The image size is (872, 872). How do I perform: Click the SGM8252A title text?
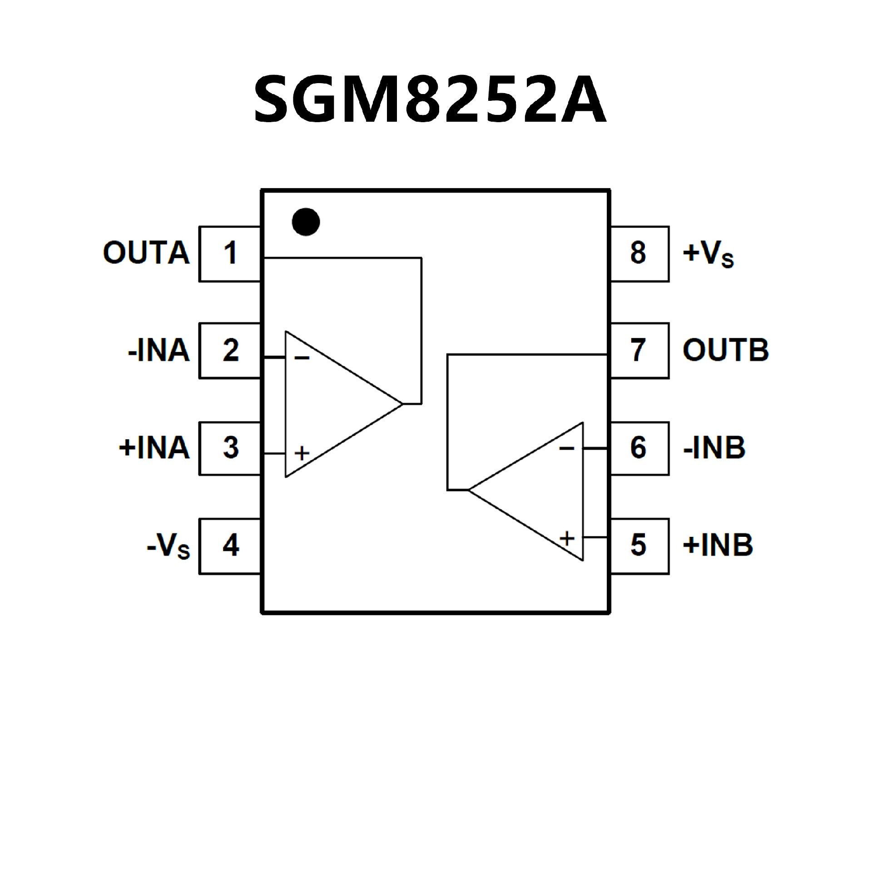pyautogui.click(x=430, y=100)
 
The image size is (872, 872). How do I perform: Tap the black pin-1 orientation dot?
pyautogui.click(x=306, y=222)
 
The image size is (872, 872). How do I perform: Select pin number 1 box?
pyautogui.click(x=230, y=253)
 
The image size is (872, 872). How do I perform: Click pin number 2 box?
pyautogui.click(x=230, y=351)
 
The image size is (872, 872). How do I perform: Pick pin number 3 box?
pyautogui.click(x=230, y=448)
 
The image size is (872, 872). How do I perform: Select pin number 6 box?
pyautogui.click(x=639, y=448)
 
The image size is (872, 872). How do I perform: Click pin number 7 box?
pyautogui.click(x=639, y=351)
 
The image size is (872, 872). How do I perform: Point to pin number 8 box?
pyautogui.click(x=639, y=253)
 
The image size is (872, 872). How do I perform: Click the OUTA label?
pyautogui.click(x=146, y=253)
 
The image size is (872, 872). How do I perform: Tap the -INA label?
pyautogui.click(x=159, y=351)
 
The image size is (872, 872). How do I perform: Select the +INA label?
pyautogui.click(x=154, y=448)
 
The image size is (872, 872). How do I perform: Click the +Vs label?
pyautogui.click(x=708, y=253)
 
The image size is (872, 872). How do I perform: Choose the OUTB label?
pyautogui.click(x=725, y=350)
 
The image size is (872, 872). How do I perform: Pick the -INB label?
pyautogui.click(x=714, y=448)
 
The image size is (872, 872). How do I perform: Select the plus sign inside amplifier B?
pyautogui.click(x=567, y=539)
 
